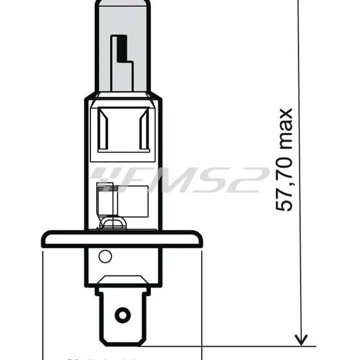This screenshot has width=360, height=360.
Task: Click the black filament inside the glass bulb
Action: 120,49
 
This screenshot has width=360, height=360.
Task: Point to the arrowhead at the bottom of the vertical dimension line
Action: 301,339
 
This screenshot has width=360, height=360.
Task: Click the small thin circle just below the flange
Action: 105,257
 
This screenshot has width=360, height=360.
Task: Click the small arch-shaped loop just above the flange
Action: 112,223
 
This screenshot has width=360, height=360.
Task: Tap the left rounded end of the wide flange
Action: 45,239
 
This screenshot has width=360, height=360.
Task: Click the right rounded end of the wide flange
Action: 198,239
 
